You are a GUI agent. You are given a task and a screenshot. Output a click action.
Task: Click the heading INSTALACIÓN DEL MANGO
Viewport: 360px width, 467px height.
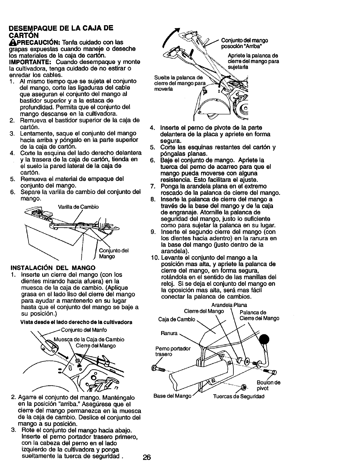coord(53,268)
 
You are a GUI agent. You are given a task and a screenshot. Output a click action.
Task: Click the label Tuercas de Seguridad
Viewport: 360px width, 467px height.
coord(239,396)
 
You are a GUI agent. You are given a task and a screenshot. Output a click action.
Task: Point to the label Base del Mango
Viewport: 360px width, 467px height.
coord(173,396)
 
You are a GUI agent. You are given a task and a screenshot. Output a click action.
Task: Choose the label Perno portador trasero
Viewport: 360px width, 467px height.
coord(173,351)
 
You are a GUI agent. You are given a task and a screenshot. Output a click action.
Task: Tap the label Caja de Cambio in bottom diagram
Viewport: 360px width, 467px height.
coord(177,319)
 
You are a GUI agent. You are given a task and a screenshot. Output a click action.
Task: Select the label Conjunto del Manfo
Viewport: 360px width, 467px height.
coord(84,330)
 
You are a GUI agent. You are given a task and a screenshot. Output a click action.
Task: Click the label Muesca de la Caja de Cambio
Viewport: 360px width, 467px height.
coord(89,339)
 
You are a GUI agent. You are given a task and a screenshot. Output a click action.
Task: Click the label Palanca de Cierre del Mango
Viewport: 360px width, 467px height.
coord(259,315)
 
